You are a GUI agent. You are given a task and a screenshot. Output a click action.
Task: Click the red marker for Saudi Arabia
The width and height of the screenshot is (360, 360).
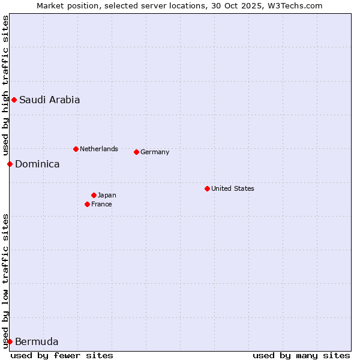point(14,100)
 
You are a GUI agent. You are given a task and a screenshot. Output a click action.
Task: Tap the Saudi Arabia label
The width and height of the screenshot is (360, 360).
point(49,100)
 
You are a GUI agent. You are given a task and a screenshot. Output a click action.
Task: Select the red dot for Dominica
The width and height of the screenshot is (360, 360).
point(10,164)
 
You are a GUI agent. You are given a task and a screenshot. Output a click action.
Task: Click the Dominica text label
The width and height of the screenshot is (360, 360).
point(37,164)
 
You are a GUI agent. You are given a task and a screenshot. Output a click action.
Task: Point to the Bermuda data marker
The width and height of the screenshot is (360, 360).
point(10,341)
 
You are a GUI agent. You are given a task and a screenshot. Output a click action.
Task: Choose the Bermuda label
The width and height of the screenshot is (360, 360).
point(37,342)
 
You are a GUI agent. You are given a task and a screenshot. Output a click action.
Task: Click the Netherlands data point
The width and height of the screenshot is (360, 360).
point(76,149)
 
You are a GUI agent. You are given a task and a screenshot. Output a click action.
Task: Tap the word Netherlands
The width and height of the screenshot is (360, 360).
point(99,149)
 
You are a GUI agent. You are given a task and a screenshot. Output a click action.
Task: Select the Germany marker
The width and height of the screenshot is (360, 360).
point(136,152)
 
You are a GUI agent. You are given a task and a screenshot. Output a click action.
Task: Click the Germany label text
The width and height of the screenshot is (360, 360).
point(155,152)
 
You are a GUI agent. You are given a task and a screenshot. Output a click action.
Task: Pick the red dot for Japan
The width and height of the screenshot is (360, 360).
point(94,195)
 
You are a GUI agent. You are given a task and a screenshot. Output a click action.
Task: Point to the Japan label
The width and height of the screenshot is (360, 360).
point(107,196)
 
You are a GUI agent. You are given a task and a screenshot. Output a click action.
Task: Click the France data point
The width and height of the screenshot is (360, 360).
point(87,204)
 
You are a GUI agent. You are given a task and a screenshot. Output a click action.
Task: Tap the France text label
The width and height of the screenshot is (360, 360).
point(101,205)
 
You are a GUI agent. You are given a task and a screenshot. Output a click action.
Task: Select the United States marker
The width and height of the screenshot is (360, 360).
point(207,188)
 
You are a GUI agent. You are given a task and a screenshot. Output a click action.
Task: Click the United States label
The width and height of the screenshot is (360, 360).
point(233,189)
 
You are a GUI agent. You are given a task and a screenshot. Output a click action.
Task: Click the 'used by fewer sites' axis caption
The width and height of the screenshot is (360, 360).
point(62,355)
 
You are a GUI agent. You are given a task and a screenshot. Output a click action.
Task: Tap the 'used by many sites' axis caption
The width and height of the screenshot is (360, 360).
point(301,355)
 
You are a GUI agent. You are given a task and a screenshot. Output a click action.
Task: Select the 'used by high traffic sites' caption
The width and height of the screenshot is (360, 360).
point(5,85)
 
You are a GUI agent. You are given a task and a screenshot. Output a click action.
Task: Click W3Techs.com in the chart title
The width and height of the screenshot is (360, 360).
point(295,6)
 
